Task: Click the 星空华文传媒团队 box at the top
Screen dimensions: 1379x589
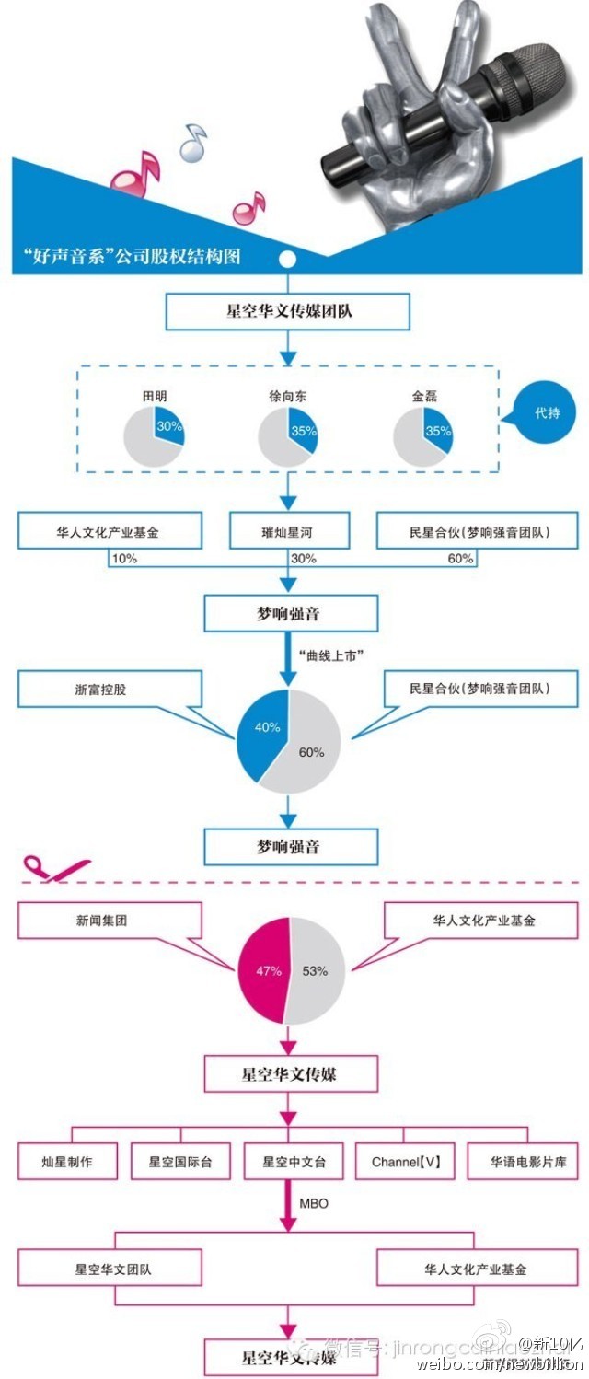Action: (x=287, y=312)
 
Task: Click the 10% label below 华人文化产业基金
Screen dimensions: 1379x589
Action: (x=123, y=559)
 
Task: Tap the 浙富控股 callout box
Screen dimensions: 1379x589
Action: (x=109, y=689)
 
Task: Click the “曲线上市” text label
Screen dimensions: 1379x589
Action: (x=333, y=655)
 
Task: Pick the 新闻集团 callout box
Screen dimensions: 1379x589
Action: (x=109, y=920)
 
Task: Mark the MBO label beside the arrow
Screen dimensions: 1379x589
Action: (x=313, y=1203)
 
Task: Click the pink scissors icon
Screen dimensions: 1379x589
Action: (x=46, y=868)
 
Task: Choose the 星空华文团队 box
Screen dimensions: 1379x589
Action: (x=112, y=1269)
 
